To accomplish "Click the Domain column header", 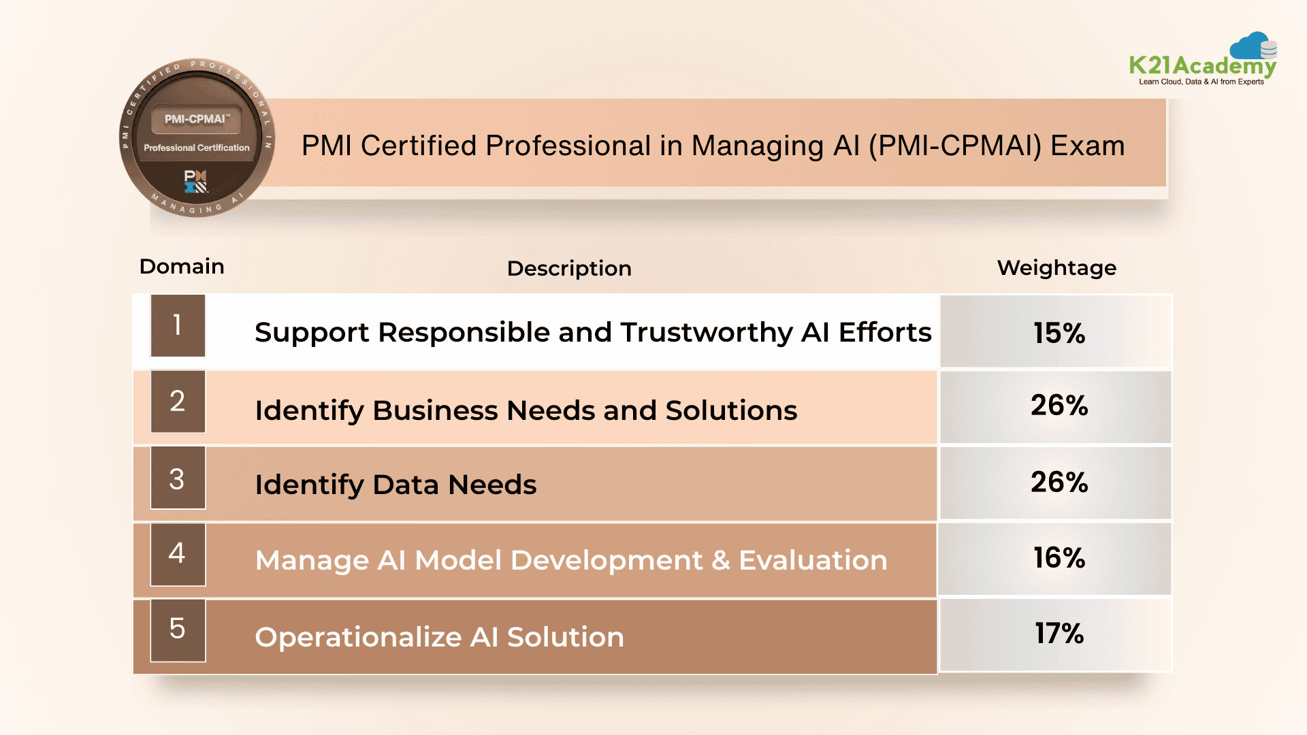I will (x=182, y=266).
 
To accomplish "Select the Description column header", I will (x=569, y=268).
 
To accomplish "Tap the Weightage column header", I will (x=1056, y=267).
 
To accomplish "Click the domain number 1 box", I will (x=178, y=325).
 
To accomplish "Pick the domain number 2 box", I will (x=178, y=402).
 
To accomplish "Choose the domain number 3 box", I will (x=178, y=478).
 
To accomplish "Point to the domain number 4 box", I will (x=178, y=554).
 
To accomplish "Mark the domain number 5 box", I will (x=178, y=630).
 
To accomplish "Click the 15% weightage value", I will (x=1059, y=333).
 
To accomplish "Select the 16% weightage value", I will (x=1059, y=558).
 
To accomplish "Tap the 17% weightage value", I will (x=1059, y=634).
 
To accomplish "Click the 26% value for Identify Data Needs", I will (x=1059, y=482).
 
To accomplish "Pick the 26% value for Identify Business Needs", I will (x=1059, y=405).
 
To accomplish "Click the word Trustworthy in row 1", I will (x=706, y=333).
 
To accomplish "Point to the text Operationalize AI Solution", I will (x=439, y=637).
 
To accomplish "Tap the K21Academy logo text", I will (x=1202, y=66).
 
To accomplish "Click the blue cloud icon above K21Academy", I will (x=1251, y=46).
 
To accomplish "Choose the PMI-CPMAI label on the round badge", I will (x=196, y=119).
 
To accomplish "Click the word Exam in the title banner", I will (x=1087, y=146).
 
